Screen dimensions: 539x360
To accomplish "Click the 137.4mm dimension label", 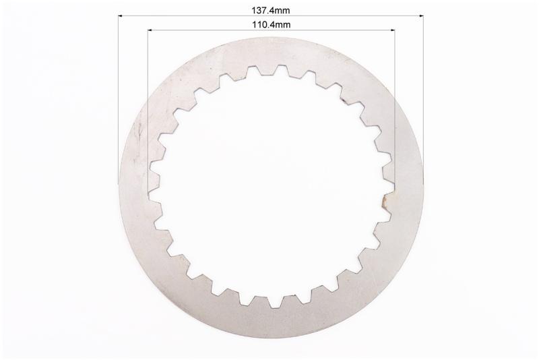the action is tap(271, 10).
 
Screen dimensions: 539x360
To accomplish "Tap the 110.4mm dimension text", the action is tap(272, 25).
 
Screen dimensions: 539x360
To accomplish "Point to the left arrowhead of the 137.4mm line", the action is tap(121, 16).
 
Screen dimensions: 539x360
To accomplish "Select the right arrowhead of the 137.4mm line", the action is tap(420, 16).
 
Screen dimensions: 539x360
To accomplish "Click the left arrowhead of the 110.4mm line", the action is tap(150, 30).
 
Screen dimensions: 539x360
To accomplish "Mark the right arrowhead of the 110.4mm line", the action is tap(392, 30).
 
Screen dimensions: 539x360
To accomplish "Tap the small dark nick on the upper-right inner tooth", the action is tap(344, 100).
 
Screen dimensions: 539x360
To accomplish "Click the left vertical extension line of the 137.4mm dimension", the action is tap(119, 99).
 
